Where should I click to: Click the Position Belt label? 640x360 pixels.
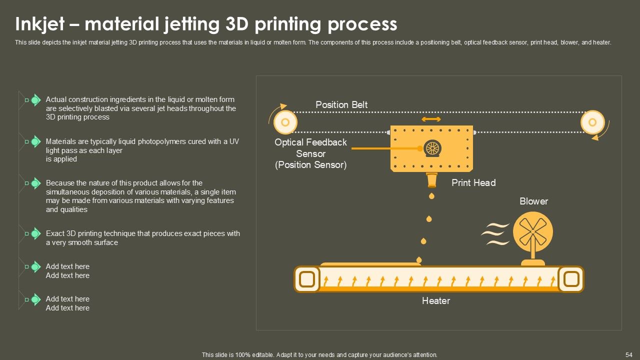(341, 104)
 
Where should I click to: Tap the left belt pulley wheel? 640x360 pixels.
(285, 122)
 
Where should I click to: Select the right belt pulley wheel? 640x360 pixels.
(592, 122)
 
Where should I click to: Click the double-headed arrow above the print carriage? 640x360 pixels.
(431, 119)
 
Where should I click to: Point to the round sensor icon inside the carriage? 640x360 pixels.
(432, 148)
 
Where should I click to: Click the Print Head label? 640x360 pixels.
(473, 182)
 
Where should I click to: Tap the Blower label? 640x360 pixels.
(533, 201)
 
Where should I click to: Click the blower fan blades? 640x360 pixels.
(532, 231)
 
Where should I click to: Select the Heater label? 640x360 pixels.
(435, 300)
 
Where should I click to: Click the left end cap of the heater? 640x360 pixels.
(307, 279)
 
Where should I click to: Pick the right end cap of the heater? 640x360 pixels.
(571, 279)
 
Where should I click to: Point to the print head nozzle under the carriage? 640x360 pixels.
(431, 179)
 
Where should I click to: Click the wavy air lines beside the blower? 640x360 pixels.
(495, 234)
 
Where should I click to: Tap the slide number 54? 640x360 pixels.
(629, 354)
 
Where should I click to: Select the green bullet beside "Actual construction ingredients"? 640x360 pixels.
(35, 100)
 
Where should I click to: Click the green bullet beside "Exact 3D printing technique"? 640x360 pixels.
(35, 233)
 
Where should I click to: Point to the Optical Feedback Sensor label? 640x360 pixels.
(310, 153)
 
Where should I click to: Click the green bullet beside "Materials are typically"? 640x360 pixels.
(35, 142)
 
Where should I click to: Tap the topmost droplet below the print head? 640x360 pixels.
(431, 195)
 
